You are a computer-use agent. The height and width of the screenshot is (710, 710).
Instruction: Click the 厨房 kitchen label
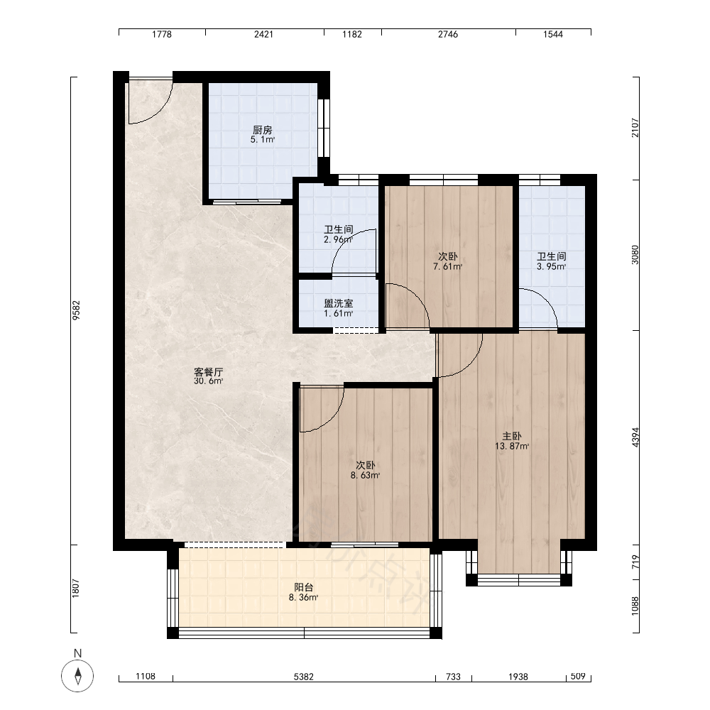pyautogui.click(x=263, y=130)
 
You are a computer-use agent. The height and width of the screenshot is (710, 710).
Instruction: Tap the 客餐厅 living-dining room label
pyautogui.click(x=209, y=372)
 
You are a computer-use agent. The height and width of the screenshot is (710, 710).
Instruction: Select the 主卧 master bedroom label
pyautogui.click(x=512, y=436)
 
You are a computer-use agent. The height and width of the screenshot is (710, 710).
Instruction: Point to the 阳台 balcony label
pyautogui.click(x=304, y=587)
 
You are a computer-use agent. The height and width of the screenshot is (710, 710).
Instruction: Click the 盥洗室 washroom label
pyautogui.click(x=339, y=303)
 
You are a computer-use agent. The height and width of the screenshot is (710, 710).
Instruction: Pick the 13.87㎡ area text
pyautogui.click(x=512, y=446)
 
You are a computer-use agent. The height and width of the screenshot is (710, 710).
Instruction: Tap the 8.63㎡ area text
pyautogui.click(x=366, y=476)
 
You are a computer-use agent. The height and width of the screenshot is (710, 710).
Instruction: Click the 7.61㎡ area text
pyautogui.click(x=448, y=267)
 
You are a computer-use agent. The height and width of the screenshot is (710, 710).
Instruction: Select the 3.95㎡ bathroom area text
pyautogui.click(x=552, y=267)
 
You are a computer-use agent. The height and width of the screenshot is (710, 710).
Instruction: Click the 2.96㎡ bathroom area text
pyautogui.click(x=338, y=239)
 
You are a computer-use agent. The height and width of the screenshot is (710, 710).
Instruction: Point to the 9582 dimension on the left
pyautogui.click(x=76, y=311)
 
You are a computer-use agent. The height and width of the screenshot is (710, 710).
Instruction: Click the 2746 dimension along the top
pyautogui.click(x=448, y=34)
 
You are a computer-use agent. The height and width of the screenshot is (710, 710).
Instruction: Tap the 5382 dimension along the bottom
pyautogui.click(x=304, y=677)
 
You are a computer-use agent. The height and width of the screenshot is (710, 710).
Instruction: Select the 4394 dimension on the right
pyautogui.click(x=635, y=437)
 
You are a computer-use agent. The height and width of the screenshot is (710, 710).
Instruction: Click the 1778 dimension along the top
pyautogui.click(x=162, y=34)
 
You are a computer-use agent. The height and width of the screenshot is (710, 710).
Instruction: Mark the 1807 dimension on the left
pyautogui.click(x=76, y=588)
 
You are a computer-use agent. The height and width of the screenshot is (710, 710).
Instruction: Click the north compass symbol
pyautogui.click(x=77, y=676)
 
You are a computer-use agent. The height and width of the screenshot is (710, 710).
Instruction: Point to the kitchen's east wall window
pyautogui.click(x=324, y=128)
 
